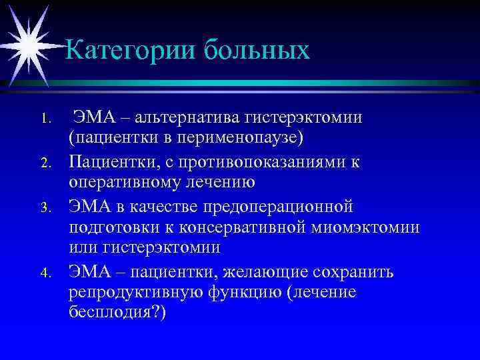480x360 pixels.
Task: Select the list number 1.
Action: tap(45, 121)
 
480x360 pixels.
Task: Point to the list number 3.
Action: tap(45, 207)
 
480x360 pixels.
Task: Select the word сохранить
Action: tap(355, 271)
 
